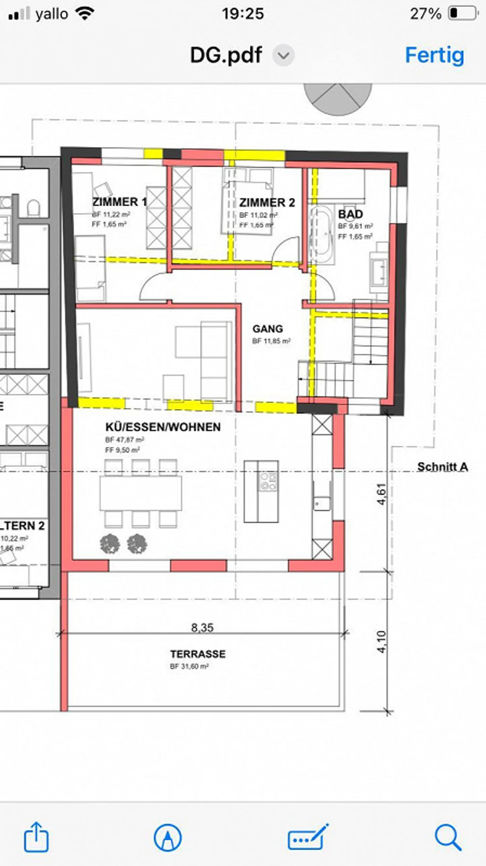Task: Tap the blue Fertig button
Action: pyautogui.click(x=434, y=55)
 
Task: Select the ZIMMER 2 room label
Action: pyautogui.click(x=267, y=202)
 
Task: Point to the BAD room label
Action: pyautogui.click(x=350, y=214)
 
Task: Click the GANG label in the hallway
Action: pyautogui.click(x=268, y=329)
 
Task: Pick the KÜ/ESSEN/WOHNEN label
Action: pyautogui.click(x=163, y=427)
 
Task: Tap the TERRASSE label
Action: pyautogui.click(x=198, y=654)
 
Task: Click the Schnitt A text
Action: pyautogui.click(x=442, y=467)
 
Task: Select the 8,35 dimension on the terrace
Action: pyautogui.click(x=202, y=628)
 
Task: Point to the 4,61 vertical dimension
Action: pyautogui.click(x=381, y=494)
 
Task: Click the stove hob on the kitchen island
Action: pyautogui.click(x=268, y=481)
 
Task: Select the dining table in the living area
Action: pyautogui.click(x=141, y=493)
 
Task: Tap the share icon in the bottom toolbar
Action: pyautogui.click(x=36, y=838)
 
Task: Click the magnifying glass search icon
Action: pyautogui.click(x=448, y=837)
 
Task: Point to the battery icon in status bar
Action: pyautogui.click(x=462, y=13)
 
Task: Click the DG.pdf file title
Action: pyautogui.click(x=226, y=55)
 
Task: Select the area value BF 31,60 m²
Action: pyautogui.click(x=189, y=667)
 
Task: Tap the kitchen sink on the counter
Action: pyautogui.click(x=322, y=504)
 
